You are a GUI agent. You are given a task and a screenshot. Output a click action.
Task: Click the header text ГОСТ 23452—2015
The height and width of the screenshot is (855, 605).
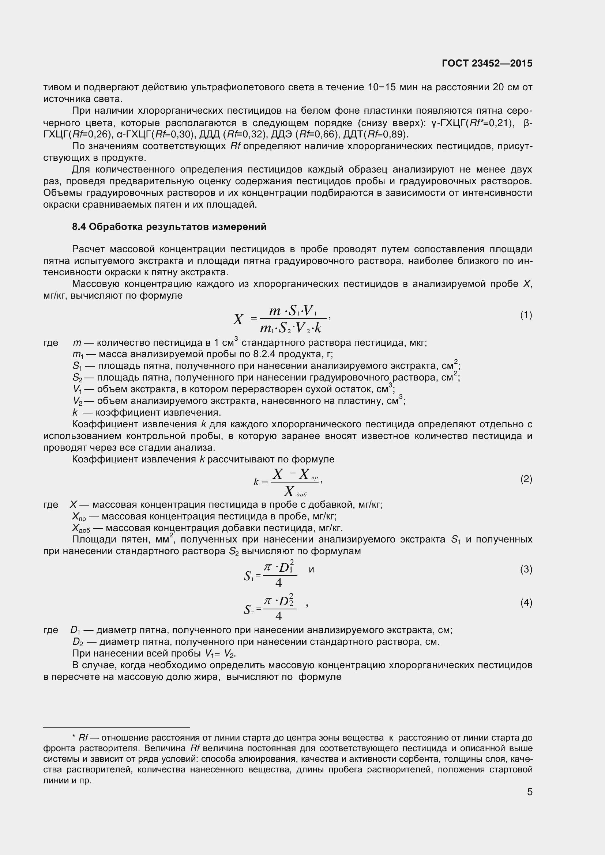click(x=487, y=63)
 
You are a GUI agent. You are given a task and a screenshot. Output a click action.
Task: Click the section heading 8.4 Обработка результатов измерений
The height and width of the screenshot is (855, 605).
click(x=169, y=227)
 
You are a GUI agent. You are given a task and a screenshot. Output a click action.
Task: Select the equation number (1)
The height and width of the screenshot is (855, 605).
click(x=526, y=315)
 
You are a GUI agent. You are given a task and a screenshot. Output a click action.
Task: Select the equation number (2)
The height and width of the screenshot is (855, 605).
click(x=526, y=479)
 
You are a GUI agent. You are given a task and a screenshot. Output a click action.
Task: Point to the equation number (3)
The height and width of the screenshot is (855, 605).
click(x=526, y=570)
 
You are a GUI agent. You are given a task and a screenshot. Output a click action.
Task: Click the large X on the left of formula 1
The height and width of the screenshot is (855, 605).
click(x=238, y=319)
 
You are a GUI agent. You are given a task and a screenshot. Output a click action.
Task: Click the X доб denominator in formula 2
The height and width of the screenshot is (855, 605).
click(x=294, y=492)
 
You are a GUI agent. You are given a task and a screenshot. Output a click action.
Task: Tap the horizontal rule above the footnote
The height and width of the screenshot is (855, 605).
click(x=116, y=727)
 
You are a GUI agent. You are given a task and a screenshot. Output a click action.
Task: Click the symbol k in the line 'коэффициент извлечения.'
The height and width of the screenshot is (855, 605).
click(x=75, y=413)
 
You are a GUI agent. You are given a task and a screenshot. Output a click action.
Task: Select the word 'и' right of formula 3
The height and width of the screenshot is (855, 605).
click(x=311, y=570)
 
